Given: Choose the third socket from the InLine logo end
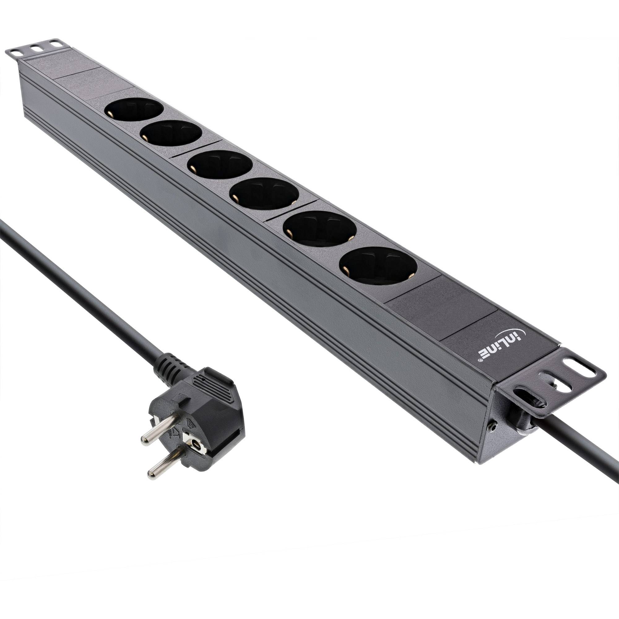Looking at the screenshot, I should tap(264, 194).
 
